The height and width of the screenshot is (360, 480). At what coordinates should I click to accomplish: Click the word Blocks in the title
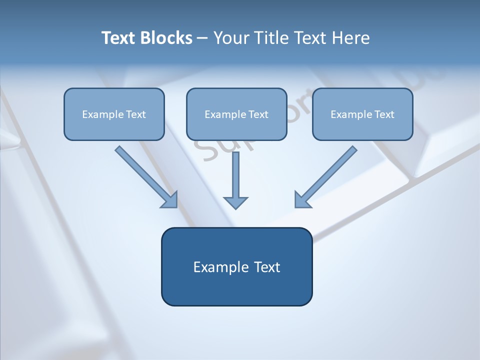pos(167,38)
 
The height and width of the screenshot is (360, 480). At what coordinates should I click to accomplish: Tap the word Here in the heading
pos(350,38)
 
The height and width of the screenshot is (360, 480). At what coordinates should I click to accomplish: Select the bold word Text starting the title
pos(119,38)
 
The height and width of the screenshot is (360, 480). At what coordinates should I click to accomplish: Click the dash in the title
pos(202,38)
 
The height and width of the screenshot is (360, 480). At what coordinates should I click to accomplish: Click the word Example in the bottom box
pos(221,267)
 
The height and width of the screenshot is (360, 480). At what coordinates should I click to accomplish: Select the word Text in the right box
pos(384,114)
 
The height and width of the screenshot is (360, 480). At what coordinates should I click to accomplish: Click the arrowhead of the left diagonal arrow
pos(170,200)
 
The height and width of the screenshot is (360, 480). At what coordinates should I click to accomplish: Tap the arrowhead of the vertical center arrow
pos(235,202)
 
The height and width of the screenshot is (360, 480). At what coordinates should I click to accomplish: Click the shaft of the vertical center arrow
pos(235,172)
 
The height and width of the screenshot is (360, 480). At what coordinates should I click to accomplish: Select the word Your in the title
pos(231,38)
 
